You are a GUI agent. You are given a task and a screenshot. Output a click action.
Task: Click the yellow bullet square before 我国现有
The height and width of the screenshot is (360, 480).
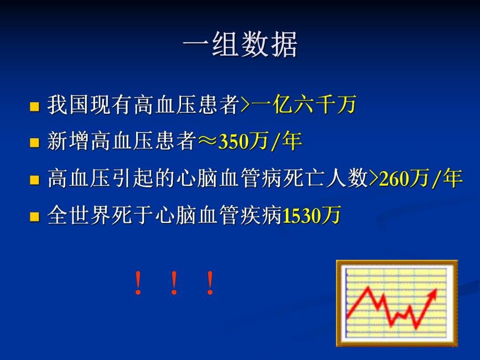35,106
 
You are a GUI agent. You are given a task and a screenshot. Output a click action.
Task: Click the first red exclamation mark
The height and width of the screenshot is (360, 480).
138,283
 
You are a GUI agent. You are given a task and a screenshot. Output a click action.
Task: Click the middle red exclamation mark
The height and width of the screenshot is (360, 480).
174,283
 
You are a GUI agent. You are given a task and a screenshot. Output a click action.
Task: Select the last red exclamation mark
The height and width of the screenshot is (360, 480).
210,283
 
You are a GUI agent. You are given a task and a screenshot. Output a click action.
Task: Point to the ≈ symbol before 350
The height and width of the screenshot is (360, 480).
207,142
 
